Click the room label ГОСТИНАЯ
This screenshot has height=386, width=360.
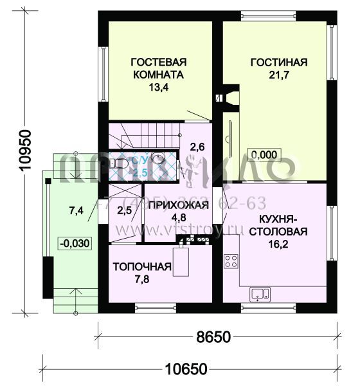(x=278, y=62)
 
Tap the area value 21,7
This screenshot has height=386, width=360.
(x=278, y=77)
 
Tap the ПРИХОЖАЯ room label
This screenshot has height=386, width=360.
(x=178, y=206)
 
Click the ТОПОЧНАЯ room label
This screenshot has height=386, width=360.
(x=142, y=268)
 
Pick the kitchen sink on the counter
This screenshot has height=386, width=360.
(x=260, y=294)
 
